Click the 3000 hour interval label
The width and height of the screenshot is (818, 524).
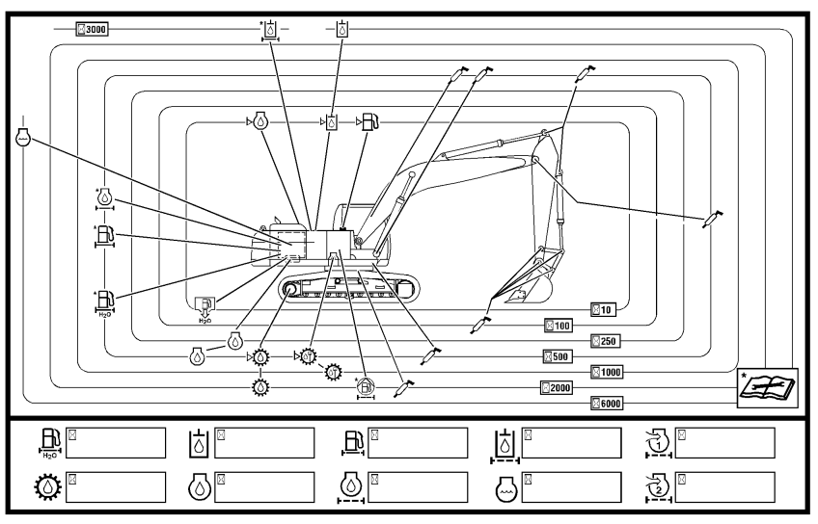93,30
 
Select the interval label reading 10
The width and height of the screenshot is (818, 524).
603,309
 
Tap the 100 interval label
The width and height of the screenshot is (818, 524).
559,326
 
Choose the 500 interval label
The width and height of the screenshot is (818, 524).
559,356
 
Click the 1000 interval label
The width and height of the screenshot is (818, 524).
609,371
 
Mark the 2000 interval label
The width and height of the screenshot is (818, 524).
557,387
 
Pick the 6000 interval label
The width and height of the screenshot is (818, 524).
609,403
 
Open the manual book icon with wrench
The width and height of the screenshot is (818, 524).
768,384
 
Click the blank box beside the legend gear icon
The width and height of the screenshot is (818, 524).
115,486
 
